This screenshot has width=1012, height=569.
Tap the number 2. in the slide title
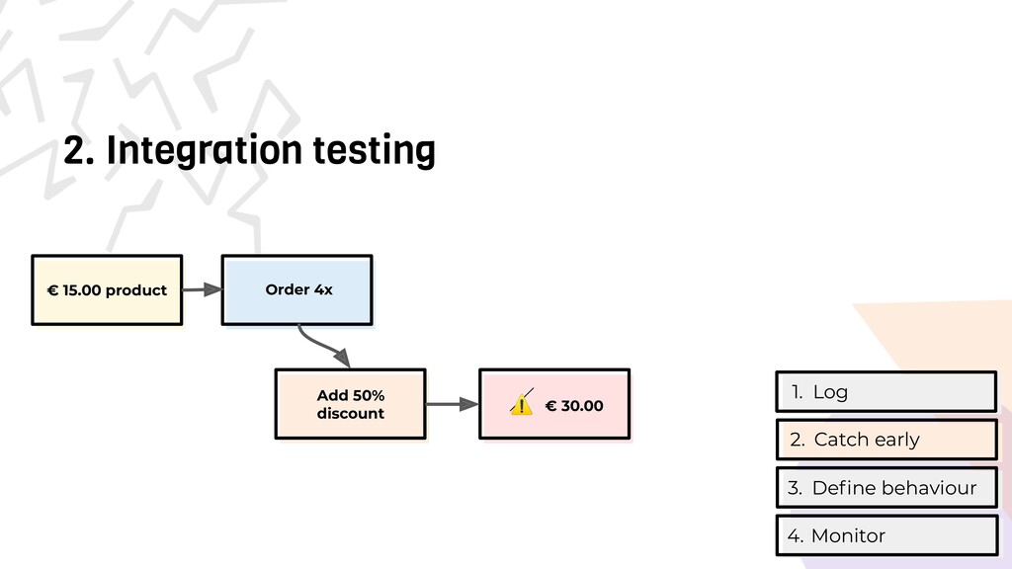(80, 151)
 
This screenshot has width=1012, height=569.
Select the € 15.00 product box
(107, 289)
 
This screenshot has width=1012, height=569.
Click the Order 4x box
(296, 289)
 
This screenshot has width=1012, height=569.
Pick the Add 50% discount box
(350, 403)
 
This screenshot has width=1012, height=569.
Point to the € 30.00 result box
(554, 403)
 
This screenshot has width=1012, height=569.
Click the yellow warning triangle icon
(521, 405)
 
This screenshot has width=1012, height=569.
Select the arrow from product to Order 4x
(202, 289)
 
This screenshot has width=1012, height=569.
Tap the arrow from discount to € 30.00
(452, 403)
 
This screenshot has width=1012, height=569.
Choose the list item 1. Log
(886, 391)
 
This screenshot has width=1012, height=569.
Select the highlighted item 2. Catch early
(886, 440)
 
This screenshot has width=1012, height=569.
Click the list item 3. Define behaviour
(886, 488)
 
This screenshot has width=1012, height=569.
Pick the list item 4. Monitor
(886, 535)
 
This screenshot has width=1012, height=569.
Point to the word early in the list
(894, 440)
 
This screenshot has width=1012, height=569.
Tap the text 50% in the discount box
(366, 395)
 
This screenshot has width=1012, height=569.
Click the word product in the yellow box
(136, 290)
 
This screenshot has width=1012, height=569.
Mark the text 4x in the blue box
(323, 289)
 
